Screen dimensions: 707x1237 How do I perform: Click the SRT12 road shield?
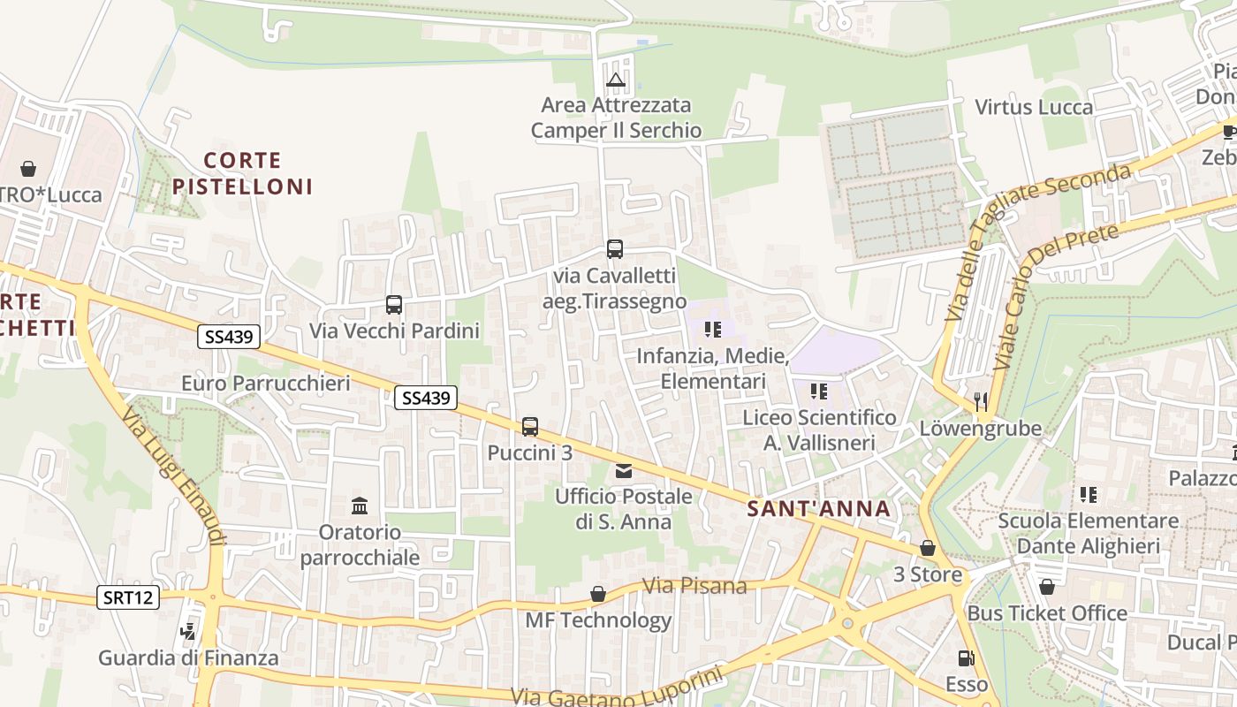pyautogui.click(x=129, y=597)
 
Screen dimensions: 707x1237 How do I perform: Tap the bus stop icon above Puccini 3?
pyautogui.click(x=530, y=427)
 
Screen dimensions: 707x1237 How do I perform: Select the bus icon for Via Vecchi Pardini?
pyautogui.click(x=394, y=305)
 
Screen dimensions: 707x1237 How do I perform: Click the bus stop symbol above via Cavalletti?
pyautogui.click(x=615, y=249)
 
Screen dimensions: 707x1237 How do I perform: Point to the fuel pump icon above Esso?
pyautogui.click(x=966, y=658)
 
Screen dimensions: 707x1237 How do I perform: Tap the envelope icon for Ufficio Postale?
pyautogui.click(x=624, y=471)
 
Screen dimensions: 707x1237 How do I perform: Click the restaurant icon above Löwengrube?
pyautogui.click(x=981, y=402)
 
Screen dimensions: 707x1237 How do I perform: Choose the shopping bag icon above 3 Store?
pyautogui.click(x=928, y=549)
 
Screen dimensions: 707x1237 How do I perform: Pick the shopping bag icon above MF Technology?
pyautogui.click(x=598, y=594)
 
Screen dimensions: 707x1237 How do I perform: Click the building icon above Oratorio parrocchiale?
pyautogui.click(x=360, y=506)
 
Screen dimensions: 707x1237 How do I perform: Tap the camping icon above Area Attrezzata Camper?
pyautogui.click(x=616, y=81)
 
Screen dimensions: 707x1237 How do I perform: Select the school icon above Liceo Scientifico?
pyautogui.click(x=818, y=391)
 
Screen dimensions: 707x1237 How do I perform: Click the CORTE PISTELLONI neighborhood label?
pyautogui.click(x=242, y=173)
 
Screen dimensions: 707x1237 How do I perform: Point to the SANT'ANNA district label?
pyautogui.click(x=818, y=509)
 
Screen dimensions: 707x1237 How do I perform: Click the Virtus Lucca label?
pyautogui.click(x=1034, y=107)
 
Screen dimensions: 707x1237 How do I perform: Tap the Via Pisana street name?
pyautogui.click(x=694, y=586)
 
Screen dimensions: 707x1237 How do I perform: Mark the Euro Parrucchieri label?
pyautogui.click(x=266, y=384)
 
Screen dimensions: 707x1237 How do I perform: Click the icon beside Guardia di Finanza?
pyautogui.click(x=187, y=632)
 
